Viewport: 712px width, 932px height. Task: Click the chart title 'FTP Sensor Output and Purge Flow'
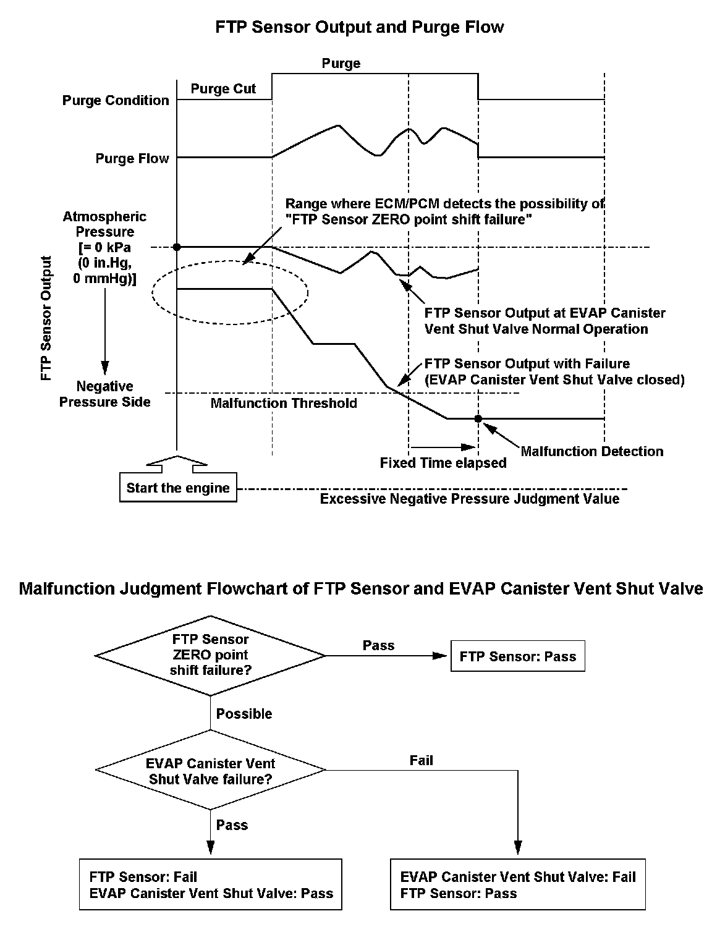pyautogui.click(x=359, y=27)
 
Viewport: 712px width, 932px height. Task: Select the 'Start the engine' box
pyautogui.click(x=178, y=488)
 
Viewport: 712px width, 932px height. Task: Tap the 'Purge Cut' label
pyautogui.click(x=223, y=89)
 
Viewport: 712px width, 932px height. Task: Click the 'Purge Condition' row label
pyautogui.click(x=116, y=100)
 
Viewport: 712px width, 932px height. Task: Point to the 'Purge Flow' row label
pyautogui.click(x=132, y=159)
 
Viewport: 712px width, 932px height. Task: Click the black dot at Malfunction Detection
pyautogui.click(x=478, y=418)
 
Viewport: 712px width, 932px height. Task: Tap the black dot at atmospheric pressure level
pyautogui.click(x=177, y=247)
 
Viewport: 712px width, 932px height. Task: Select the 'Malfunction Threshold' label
pyautogui.click(x=284, y=404)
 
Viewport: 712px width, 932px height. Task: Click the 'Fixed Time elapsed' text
pyautogui.click(x=443, y=463)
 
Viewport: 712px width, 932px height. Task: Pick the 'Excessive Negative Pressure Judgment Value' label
pyautogui.click(x=469, y=499)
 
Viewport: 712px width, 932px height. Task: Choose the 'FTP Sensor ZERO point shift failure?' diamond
pyautogui.click(x=210, y=655)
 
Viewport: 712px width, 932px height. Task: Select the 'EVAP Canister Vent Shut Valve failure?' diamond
pyautogui.click(x=210, y=771)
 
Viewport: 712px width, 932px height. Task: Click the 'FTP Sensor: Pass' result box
pyautogui.click(x=518, y=656)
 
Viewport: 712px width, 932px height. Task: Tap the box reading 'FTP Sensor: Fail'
pyautogui.click(x=211, y=884)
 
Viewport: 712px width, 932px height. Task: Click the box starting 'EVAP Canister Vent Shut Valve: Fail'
pyautogui.click(x=518, y=884)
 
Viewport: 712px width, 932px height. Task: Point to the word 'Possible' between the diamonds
pyautogui.click(x=244, y=714)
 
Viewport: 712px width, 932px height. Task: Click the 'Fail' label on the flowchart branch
pyautogui.click(x=422, y=760)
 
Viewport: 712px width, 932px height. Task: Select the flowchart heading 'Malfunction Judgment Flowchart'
pyautogui.click(x=361, y=588)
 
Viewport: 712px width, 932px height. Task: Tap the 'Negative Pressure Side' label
pyautogui.click(x=104, y=394)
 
